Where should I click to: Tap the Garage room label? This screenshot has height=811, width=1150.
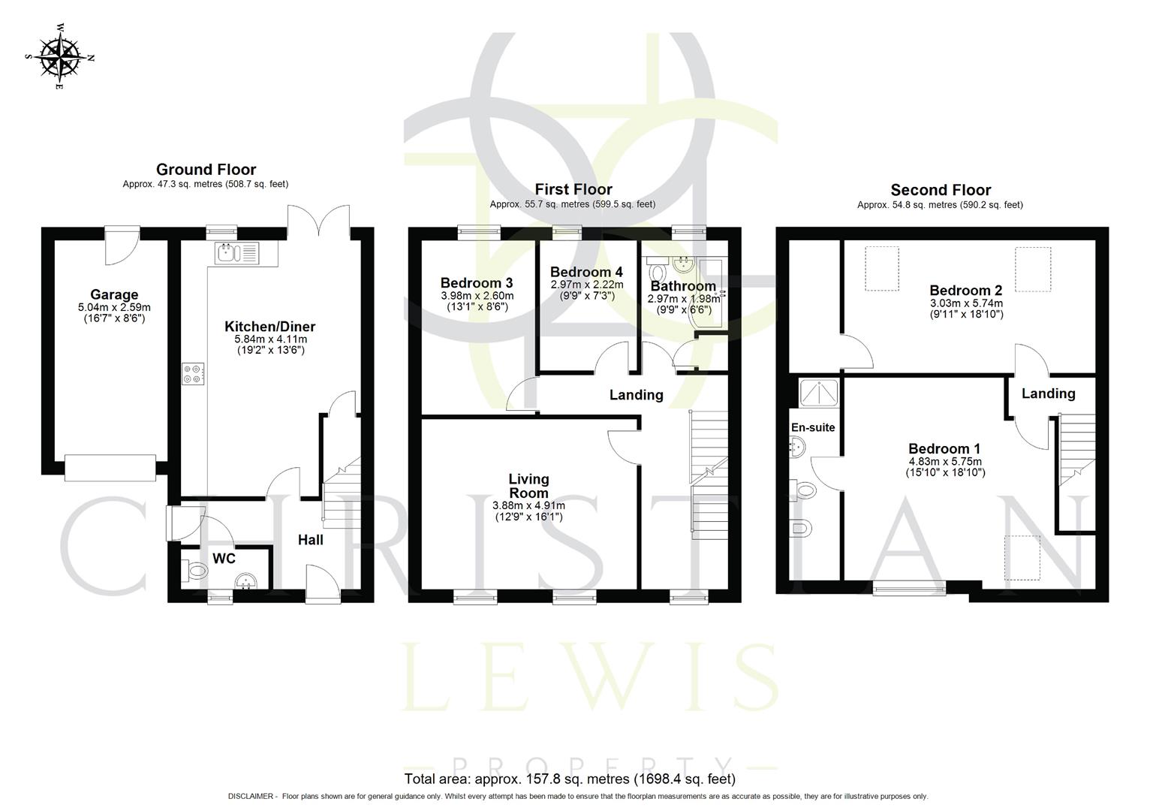click(x=114, y=295)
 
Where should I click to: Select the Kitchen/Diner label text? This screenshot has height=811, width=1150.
click(x=269, y=327)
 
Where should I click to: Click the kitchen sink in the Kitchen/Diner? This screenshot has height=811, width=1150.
click(x=236, y=253)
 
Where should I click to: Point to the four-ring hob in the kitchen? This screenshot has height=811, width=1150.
click(x=192, y=374)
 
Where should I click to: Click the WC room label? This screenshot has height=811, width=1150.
click(x=224, y=559)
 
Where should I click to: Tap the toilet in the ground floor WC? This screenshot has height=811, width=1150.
click(x=194, y=571)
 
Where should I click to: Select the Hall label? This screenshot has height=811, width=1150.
click(x=310, y=540)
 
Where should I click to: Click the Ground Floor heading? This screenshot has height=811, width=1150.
click(x=206, y=170)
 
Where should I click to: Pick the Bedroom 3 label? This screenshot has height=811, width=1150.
click(x=476, y=283)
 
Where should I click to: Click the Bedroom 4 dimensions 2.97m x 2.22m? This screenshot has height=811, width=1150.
click(x=586, y=285)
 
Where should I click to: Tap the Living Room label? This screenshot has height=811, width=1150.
click(x=528, y=486)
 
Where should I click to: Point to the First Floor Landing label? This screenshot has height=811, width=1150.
click(x=636, y=395)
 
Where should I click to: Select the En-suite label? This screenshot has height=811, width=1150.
click(x=813, y=427)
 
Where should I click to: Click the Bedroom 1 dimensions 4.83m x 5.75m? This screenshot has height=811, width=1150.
click(x=945, y=461)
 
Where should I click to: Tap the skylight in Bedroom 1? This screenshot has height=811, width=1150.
click(x=1022, y=557)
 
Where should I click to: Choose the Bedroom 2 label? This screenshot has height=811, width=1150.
click(x=965, y=291)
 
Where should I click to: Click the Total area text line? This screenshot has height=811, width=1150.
click(x=570, y=779)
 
